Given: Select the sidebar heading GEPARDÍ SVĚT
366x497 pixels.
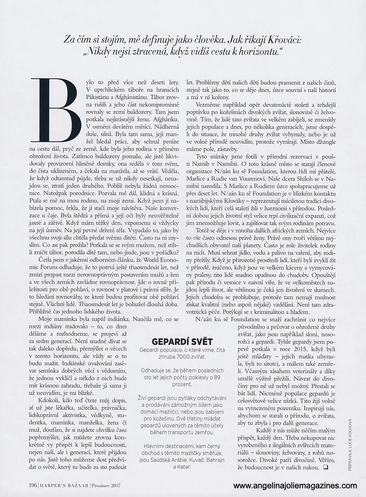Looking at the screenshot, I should [182, 341].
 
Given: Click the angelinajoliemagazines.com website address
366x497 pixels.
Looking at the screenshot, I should [295, 486].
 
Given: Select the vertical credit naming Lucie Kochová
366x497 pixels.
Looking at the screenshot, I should [350, 443].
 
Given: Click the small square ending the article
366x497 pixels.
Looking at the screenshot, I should [325, 468].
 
